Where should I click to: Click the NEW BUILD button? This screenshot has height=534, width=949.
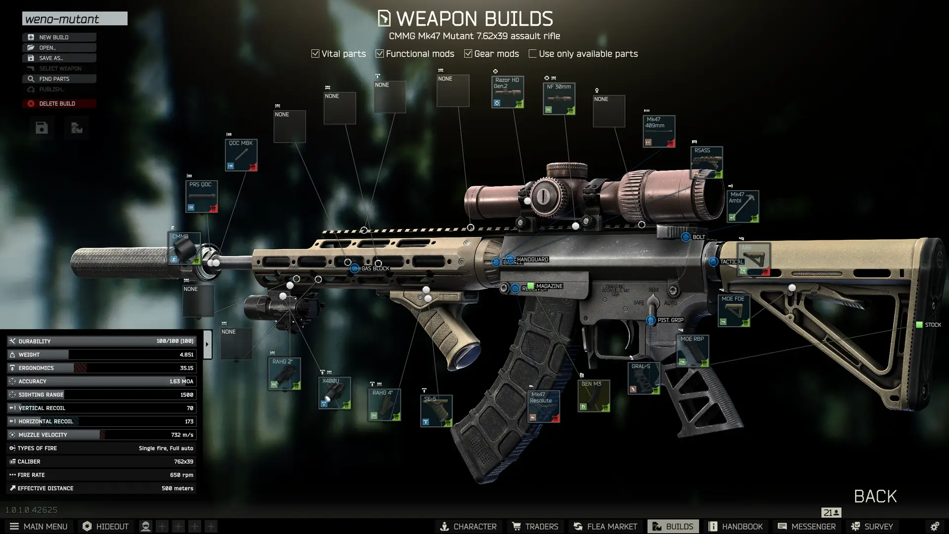(x=59, y=37)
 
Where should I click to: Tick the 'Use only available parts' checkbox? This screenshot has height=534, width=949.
(x=532, y=53)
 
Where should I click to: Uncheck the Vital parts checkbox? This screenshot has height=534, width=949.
(x=315, y=53)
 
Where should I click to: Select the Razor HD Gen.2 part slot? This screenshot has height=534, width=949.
(x=508, y=92)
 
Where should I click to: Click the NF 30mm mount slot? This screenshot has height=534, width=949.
(x=559, y=98)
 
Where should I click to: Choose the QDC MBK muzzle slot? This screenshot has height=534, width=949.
(x=241, y=155)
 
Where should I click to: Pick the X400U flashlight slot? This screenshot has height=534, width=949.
(x=335, y=393)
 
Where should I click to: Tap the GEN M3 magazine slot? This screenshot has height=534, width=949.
(x=594, y=396)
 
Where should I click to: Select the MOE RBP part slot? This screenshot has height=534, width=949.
(x=692, y=351)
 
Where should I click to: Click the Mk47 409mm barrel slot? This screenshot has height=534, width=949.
(x=659, y=132)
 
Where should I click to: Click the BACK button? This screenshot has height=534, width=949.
(x=875, y=496)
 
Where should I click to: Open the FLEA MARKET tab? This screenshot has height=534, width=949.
(x=605, y=527)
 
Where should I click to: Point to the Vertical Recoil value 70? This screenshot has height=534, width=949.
(x=190, y=408)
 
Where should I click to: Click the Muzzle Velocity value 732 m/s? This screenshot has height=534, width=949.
(x=182, y=435)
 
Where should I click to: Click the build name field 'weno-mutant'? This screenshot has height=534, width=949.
(x=75, y=19)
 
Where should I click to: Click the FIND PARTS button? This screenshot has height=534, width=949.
(x=59, y=79)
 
